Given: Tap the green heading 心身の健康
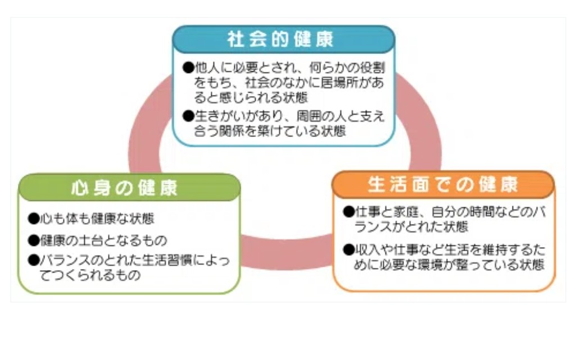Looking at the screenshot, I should tap(124, 188).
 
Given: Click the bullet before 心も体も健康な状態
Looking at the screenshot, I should tap(33, 218).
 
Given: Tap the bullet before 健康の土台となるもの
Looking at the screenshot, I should tap(33, 240).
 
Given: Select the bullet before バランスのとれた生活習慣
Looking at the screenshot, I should tap(33, 261).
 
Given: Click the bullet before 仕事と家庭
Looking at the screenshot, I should tap(348, 212).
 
